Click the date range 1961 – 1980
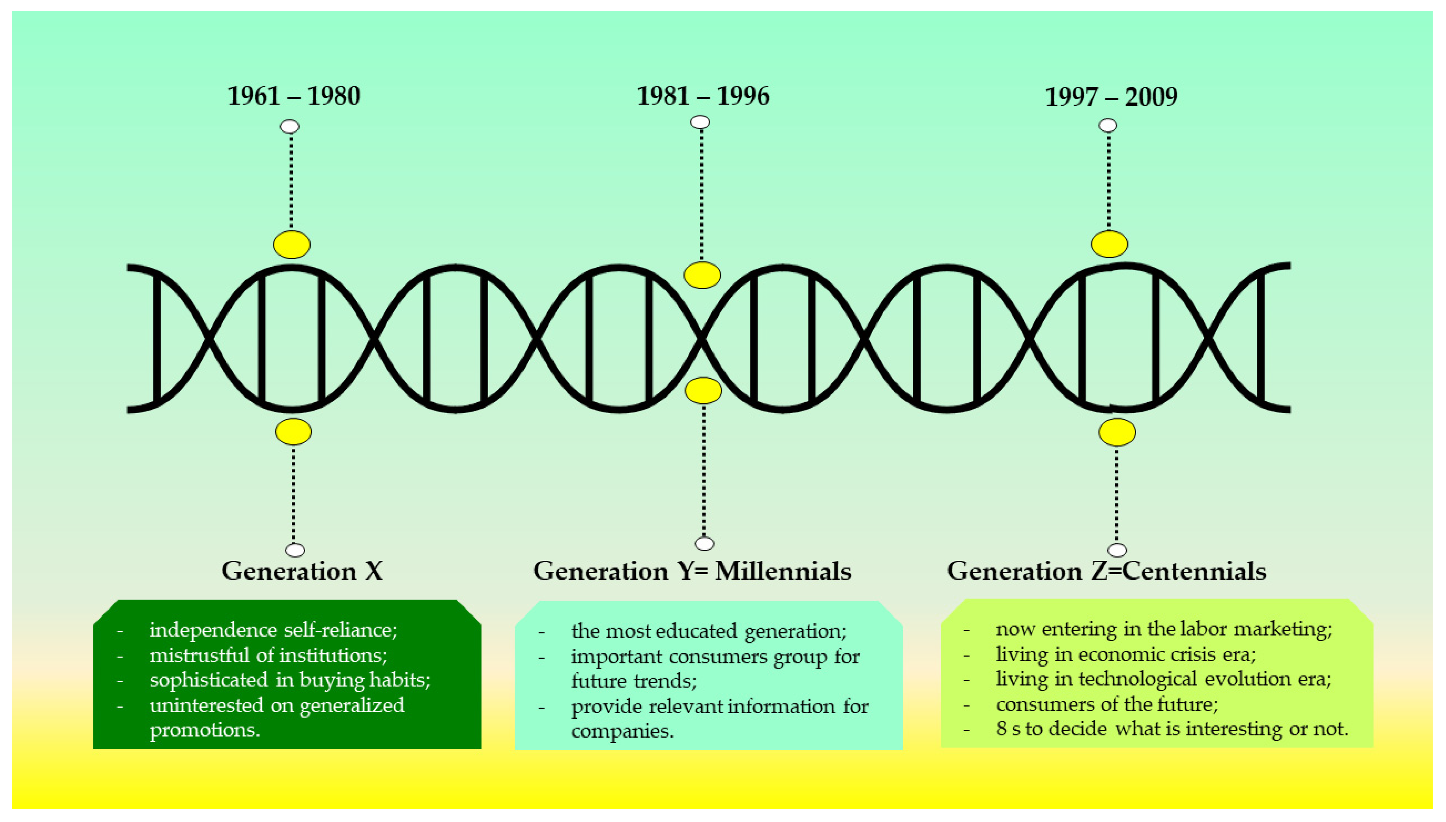(x=293, y=96)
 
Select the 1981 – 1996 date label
(x=703, y=96)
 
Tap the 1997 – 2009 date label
(x=1111, y=97)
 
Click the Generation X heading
(x=302, y=571)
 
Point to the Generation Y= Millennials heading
(x=692, y=571)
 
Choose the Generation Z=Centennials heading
(x=1106, y=571)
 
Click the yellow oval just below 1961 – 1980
(x=292, y=245)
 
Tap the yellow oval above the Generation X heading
(x=293, y=432)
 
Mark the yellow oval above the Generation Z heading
(x=1117, y=432)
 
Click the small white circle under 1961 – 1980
(x=290, y=126)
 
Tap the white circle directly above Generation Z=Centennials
(x=1117, y=550)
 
